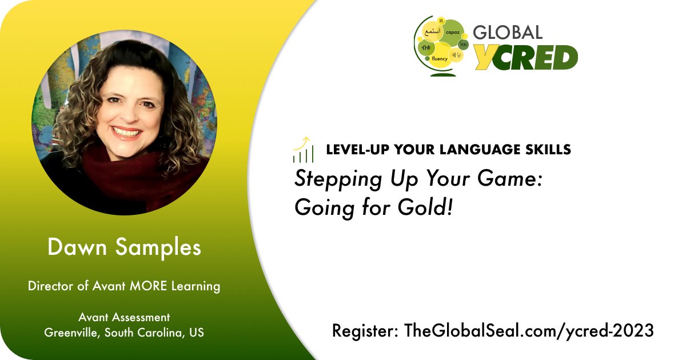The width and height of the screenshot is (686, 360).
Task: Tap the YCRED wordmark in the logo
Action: pos(526,57)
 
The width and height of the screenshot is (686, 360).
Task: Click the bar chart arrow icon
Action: pos(303,150)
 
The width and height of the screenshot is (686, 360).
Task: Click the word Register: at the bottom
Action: pos(365,331)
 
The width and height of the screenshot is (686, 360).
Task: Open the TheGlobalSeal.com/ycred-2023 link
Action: pos(529,331)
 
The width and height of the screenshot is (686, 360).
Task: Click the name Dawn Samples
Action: pos(124,247)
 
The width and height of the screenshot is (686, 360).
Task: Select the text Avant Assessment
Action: pos(124,317)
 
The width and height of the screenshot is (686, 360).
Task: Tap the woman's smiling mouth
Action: pos(127,133)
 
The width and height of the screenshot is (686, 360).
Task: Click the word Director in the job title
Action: pos(49,286)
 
